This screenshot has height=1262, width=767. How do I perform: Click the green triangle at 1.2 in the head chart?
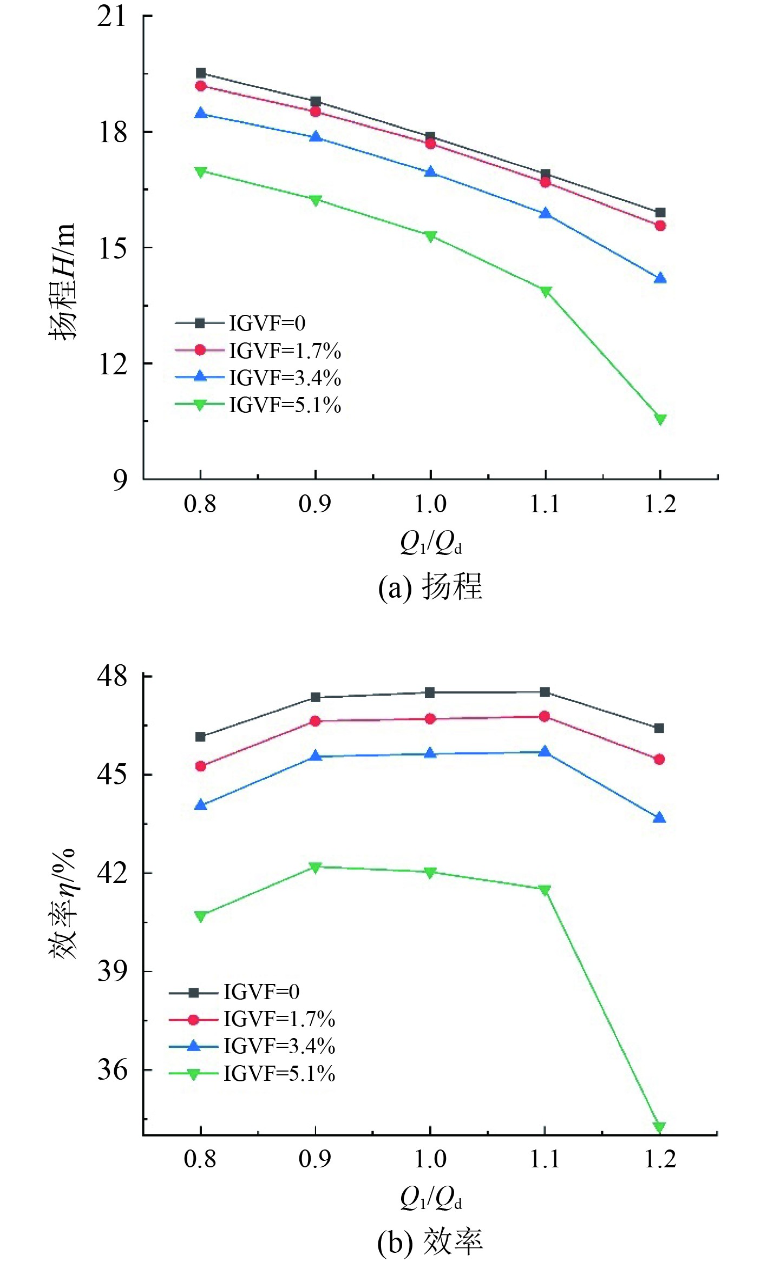click(x=660, y=419)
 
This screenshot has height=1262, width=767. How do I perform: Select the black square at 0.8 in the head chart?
click(x=201, y=73)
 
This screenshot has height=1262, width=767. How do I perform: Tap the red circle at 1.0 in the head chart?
click(x=430, y=143)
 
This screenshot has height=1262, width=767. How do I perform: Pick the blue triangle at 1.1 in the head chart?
click(x=545, y=213)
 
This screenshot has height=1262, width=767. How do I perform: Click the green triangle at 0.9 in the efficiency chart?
click(x=316, y=867)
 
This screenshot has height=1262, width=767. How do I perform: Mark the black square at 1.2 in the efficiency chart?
click(x=659, y=728)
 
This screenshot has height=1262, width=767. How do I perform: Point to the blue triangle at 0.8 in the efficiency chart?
click(x=201, y=805)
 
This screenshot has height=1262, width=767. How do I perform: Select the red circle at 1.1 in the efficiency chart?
click(x=545, y=716)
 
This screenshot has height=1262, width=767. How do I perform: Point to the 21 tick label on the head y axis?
click(x=112, y=17)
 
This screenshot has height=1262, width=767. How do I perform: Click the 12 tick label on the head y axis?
click(x=112, y=364)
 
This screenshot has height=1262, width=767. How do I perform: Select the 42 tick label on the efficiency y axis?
click(x=112, y=873)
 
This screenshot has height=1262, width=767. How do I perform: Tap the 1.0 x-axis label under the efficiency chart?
click(x=430, y=1158)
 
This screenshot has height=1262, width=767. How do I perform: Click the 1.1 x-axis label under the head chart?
click(x=545, y=504)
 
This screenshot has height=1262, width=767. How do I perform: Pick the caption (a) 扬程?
click(x=430, y=586)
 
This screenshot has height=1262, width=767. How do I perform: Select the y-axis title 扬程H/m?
click(x=62, y=281)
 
